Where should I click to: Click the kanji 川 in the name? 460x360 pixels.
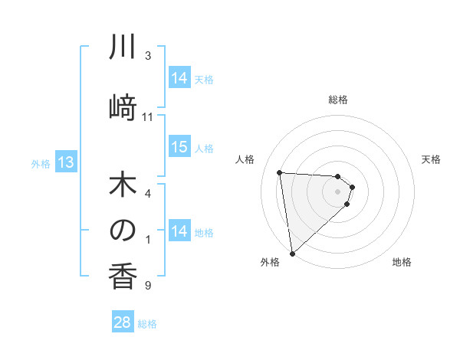[x=123, y=48]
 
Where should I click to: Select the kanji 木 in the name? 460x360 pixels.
[x=123, y=188]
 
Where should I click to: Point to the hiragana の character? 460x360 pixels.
[x=123, y=231]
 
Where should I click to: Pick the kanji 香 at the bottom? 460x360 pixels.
[x=123, y=273]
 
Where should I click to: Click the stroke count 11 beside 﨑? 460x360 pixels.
[x=148, y=117]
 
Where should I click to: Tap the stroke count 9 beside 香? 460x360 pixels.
[x=147, y=286]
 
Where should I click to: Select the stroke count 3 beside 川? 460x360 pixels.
[x=147, y=56]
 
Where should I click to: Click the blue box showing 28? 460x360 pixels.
[x=123, y=322]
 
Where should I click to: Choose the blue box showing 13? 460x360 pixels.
[x=66, y=162]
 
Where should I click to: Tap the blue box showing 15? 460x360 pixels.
[x=179, y=147]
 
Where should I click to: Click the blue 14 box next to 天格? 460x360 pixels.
[x=179, y=78]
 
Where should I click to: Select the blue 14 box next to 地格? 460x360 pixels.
[x=179, y=231]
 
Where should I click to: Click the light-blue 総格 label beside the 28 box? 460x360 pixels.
[x=147, y=324]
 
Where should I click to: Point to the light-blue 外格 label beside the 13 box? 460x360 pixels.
[x=41, y=163]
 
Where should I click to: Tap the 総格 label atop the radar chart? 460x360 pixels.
[x=338, y=100]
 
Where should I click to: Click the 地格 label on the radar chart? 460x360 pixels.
[x=402, y=262]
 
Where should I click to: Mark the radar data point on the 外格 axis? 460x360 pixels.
[x=292, y=253]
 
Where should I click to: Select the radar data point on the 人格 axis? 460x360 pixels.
[x=280, y=172]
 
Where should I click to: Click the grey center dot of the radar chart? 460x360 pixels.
[x=338, y=191]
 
